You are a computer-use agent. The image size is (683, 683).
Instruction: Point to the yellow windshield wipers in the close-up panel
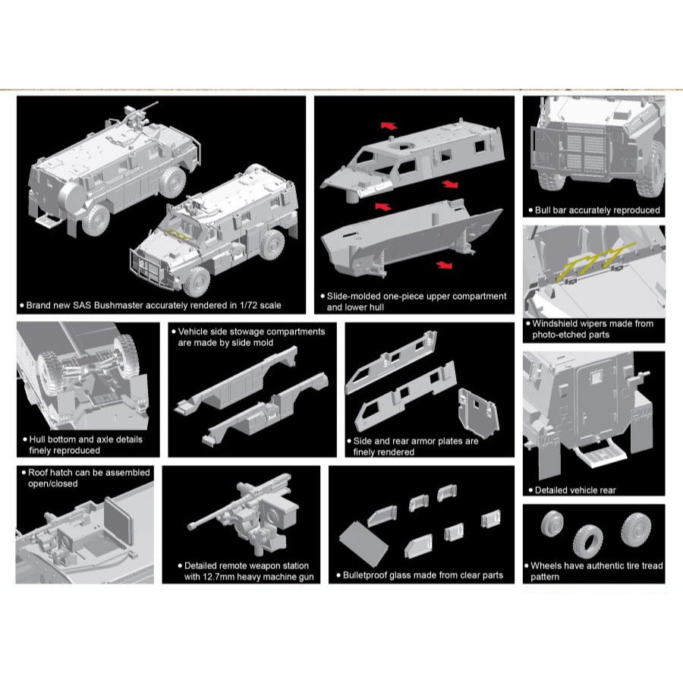599,260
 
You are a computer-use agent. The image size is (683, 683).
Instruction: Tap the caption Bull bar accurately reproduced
596,210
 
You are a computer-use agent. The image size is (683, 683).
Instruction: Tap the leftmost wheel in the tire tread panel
552,524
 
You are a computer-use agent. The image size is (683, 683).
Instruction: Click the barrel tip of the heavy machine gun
190,527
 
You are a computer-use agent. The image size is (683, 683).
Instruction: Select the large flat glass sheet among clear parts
364,544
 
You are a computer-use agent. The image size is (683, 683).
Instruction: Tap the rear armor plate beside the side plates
478,411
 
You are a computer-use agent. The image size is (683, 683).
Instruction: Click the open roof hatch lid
118,522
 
